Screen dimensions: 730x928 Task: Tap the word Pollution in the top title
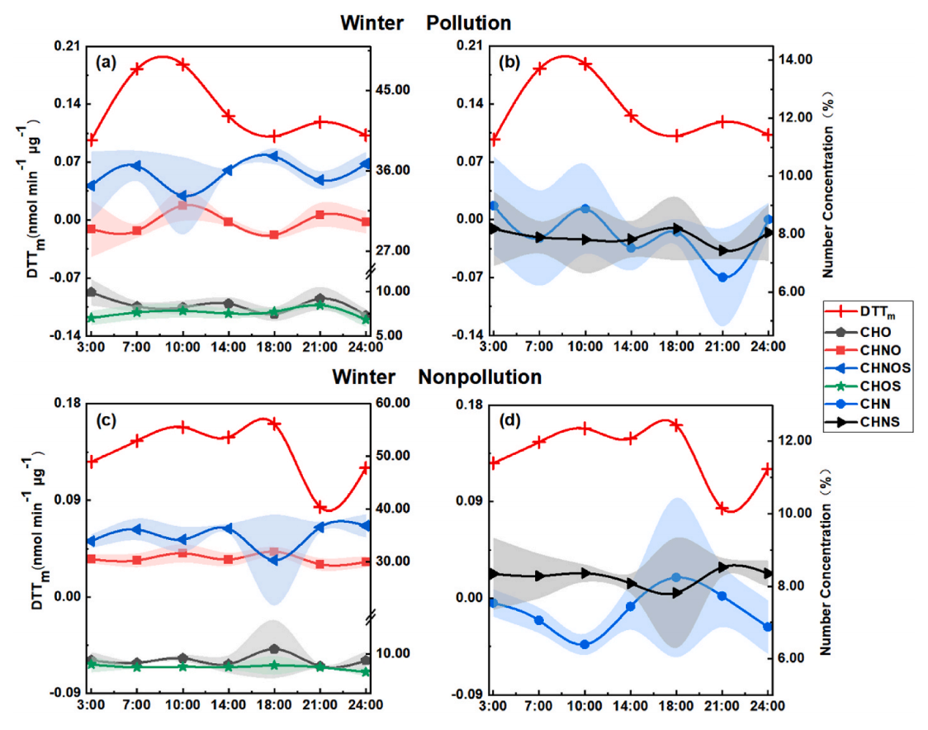468,22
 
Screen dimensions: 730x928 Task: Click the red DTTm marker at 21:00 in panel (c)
320,507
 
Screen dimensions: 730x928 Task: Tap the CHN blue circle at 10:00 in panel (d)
585,644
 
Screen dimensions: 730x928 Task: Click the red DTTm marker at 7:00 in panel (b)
539,69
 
